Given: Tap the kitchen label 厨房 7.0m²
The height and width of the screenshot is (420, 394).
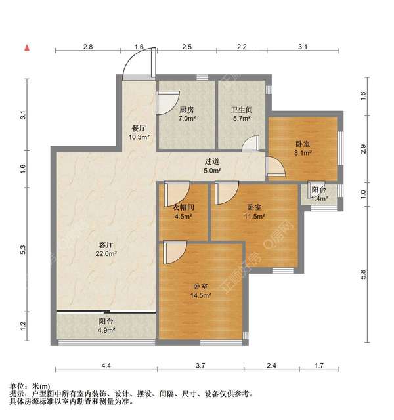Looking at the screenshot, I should (x=186, y=115).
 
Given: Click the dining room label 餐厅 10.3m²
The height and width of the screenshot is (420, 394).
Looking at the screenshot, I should (x=139, y=133).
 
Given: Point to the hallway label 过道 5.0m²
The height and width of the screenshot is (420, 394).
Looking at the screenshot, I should (x=211, y=165).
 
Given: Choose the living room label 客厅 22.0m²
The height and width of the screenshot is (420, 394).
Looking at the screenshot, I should (x=106, y=248).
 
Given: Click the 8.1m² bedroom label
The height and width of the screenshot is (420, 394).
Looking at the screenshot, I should (x=302, y=148).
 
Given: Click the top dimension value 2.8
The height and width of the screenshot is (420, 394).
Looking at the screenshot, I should (x=87, y=47).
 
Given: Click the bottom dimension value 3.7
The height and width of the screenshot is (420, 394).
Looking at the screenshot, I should (x=201, y=364).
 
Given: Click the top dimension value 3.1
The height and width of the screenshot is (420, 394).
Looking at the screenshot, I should (x=302, y=47).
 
